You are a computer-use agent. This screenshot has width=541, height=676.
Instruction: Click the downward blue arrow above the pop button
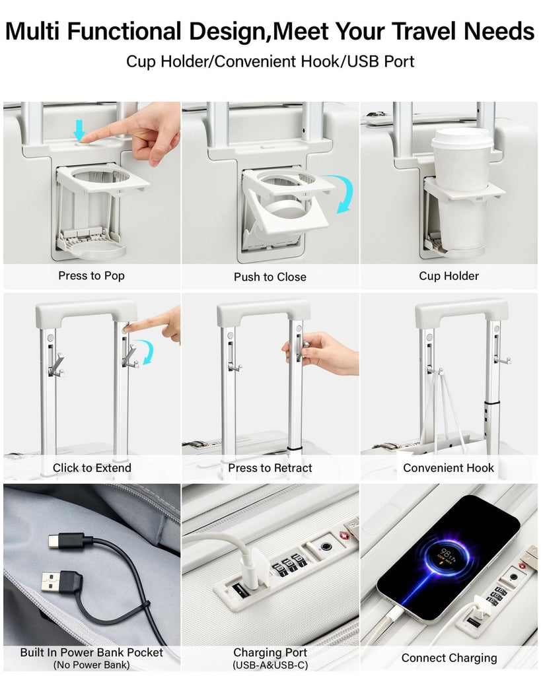pos(79,130)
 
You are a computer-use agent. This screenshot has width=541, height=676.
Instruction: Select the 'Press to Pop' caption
pos(91,275)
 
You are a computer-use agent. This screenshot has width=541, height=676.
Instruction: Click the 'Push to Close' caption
pos(270,277)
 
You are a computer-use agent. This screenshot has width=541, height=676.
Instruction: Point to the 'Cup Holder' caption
pos(449,276)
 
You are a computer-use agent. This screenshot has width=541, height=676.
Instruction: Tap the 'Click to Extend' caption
pos(92,468)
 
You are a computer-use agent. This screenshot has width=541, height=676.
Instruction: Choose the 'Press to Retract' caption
pos(270,468)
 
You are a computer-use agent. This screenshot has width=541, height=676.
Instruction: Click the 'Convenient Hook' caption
pos(449,468)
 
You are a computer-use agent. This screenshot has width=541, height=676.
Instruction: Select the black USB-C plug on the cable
pos(69,540)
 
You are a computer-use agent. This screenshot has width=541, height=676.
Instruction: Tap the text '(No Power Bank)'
pos(91,665)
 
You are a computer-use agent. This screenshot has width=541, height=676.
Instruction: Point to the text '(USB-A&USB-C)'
pos(270,665)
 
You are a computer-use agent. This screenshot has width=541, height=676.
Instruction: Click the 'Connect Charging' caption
pos(449,658)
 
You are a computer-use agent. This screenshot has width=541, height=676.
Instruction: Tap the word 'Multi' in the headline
pos(33,31)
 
